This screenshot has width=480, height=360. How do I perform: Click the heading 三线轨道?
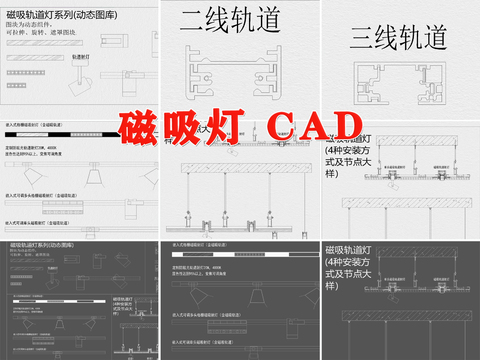pyautogui.click(x=398, y=39)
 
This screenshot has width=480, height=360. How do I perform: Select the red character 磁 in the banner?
pyautogui.click(x=143, y=127)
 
